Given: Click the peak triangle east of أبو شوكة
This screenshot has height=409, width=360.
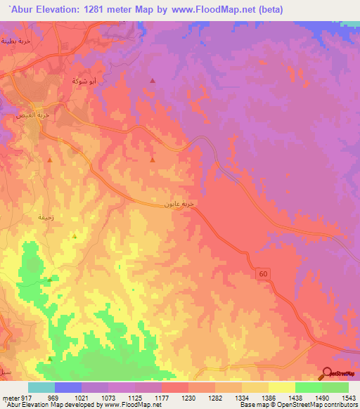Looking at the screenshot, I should coord(153,82).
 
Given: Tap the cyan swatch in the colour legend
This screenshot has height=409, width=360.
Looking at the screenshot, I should coord(41,387).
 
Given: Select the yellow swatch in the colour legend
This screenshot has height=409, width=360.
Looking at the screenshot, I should coord(281,387).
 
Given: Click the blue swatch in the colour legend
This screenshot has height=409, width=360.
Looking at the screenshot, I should coord(67,387).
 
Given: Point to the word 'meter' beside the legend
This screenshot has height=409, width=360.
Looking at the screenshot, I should coord(8,397).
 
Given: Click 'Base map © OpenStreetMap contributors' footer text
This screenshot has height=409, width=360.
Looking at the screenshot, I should coord(298,405).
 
